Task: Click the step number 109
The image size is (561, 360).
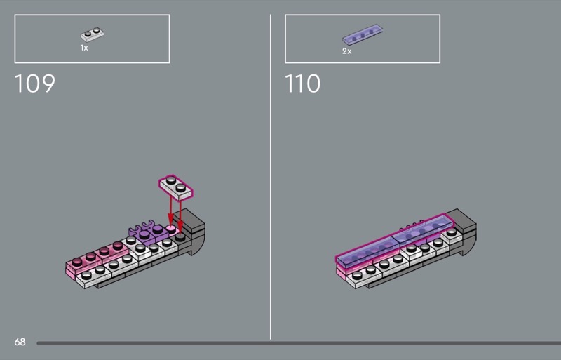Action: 34,84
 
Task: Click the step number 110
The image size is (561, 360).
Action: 303,84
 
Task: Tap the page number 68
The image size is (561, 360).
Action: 20,342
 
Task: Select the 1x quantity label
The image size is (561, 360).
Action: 84,48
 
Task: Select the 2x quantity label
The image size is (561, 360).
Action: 346,51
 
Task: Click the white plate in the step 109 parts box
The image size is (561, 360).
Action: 93,34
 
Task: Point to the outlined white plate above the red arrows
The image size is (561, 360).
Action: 176,187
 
